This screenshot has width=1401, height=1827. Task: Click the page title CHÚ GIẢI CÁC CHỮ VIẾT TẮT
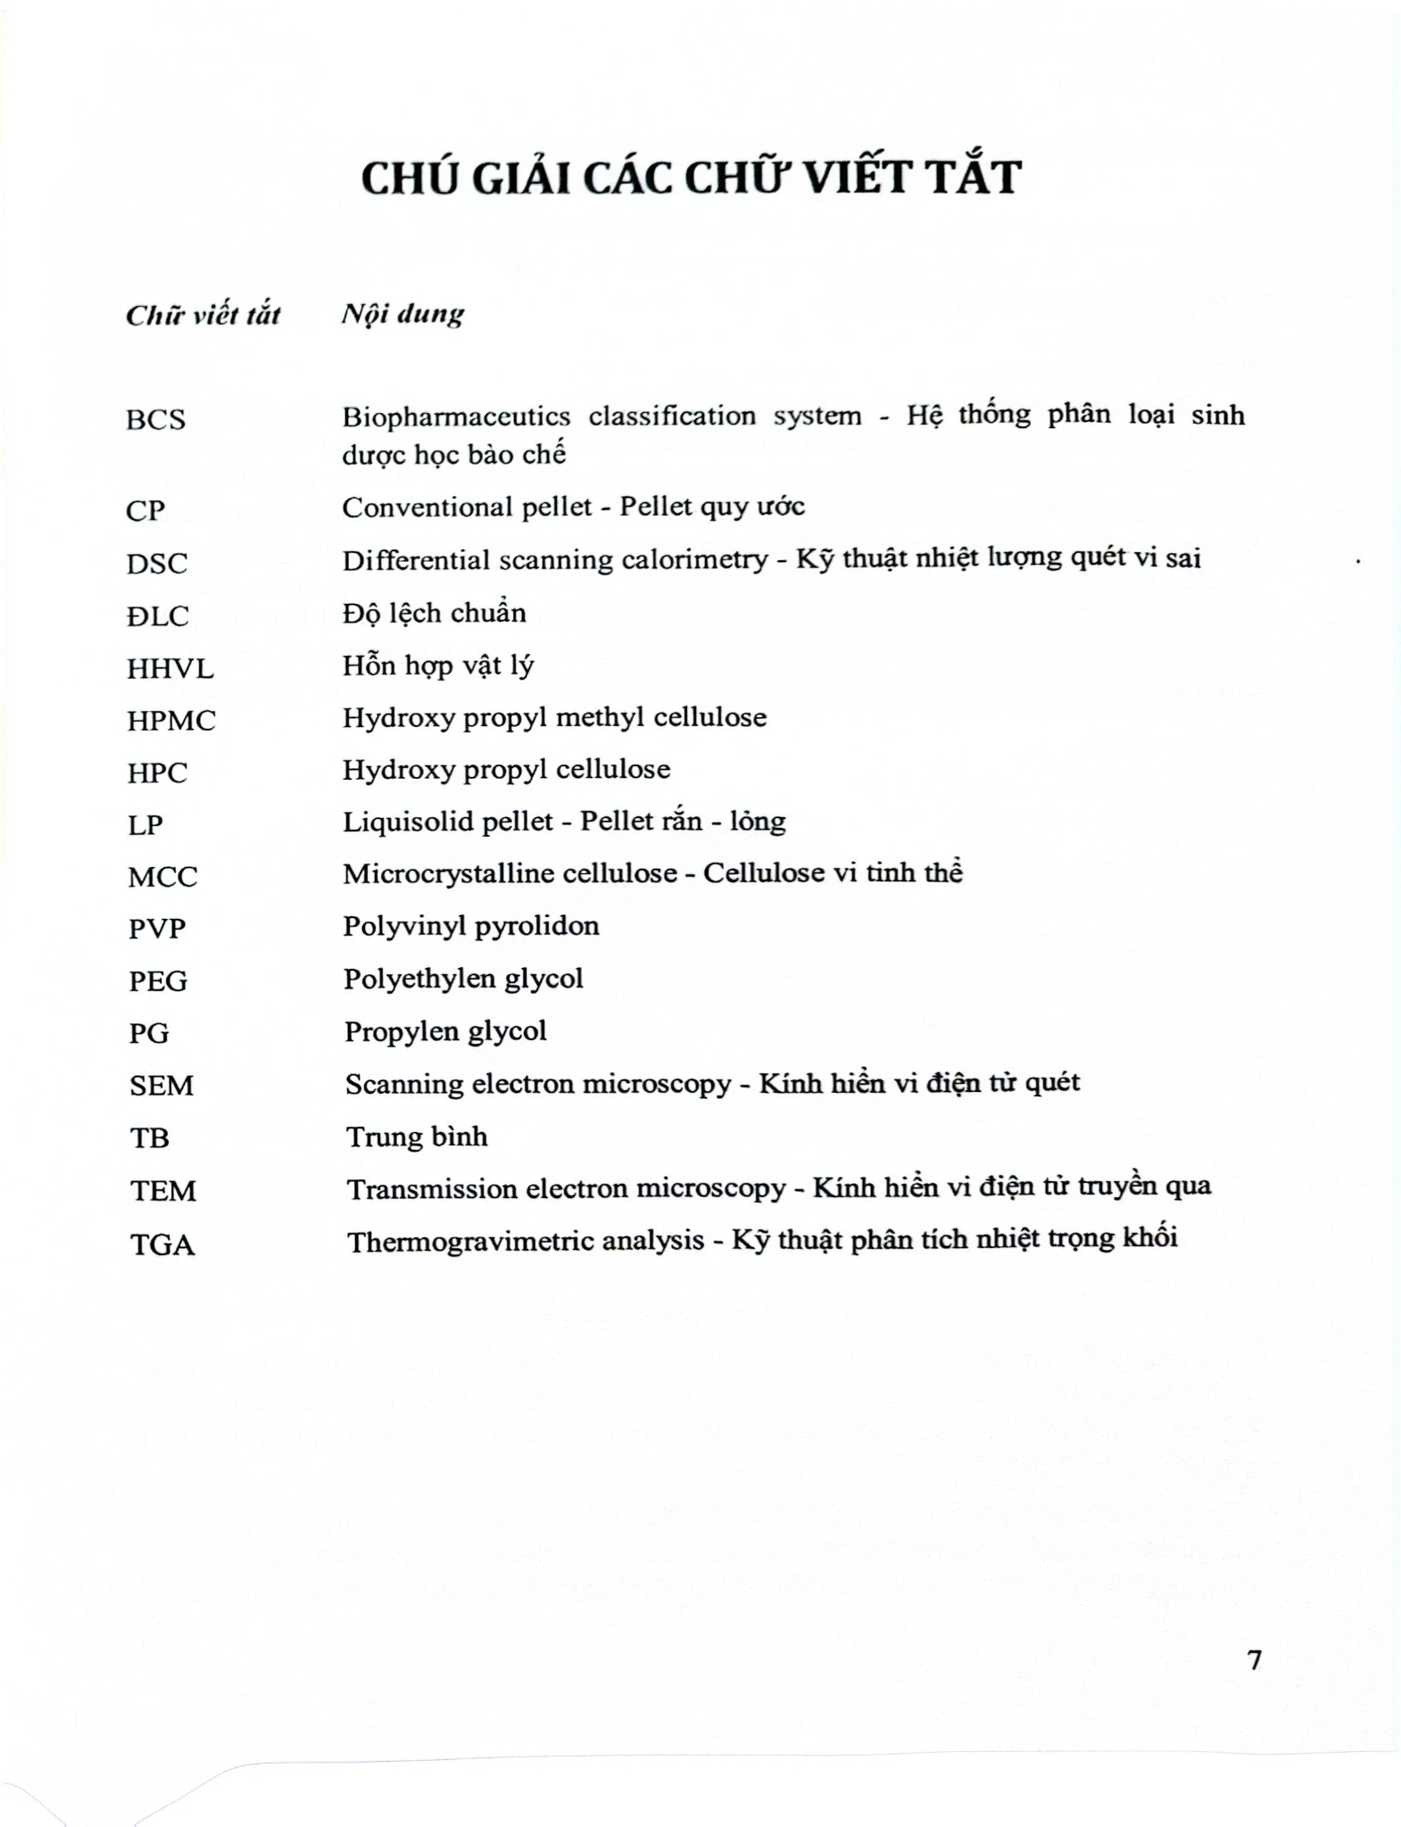(x=691, y=177)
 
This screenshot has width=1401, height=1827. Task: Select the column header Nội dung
(x=402, y=314)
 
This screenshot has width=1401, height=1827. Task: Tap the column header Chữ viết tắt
(x=203, y=315)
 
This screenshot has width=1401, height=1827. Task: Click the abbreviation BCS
(x=156, y=419)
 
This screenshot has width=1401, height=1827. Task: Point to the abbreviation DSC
(x=157, y=564)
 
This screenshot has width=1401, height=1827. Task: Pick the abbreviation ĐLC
(x=158, y=616)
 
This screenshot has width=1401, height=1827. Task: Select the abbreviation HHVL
(x=170, y=668)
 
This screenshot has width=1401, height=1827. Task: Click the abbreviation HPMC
(x=171, y=721)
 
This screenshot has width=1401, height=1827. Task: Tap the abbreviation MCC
(x=162, y=877)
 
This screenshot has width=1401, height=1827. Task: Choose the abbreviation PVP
(x=157, y=929)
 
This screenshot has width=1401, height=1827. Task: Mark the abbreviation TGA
(x=162, y=1244)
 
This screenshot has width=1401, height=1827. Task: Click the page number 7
(x=1255, y=1660)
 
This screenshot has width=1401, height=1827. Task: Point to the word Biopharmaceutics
(x=456, y=417)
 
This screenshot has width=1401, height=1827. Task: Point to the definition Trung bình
(x=417, y=1137)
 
